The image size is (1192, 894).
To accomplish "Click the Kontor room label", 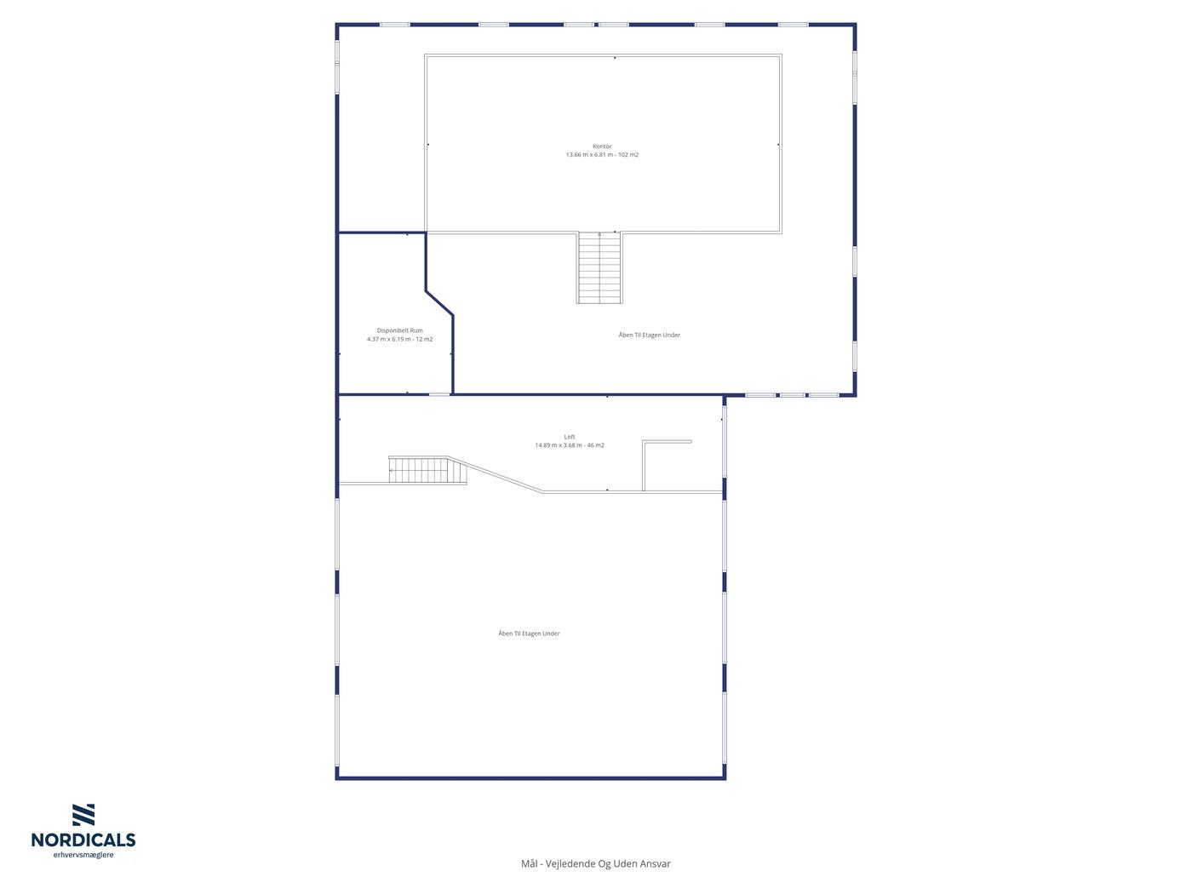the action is click(602, 146).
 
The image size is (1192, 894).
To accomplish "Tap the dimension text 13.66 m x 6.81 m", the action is click(588, 155).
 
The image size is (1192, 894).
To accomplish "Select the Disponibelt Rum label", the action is click(399, 330).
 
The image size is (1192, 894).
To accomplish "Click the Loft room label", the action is click(569, 437).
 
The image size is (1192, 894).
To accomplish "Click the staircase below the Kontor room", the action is click(599, 267).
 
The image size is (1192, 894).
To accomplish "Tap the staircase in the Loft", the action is click(427, 470).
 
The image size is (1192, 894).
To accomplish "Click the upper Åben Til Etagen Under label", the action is click(649, 335).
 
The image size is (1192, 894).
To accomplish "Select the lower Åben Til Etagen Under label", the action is click(529, 633).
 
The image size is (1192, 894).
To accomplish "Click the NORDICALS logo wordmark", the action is click(83, 840).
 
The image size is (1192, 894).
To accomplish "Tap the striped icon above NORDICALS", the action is click(83, 815).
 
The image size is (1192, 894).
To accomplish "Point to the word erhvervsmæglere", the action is click(83, 856).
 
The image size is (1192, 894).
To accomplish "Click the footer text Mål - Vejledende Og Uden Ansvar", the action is click(596, 863).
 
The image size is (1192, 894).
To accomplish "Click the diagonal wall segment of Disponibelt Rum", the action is click(439, 303).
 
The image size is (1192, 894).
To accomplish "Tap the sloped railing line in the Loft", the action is click(496, 475).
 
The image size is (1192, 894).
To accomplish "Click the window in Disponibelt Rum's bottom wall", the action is click(440, 394).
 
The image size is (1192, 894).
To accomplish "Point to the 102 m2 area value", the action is click(628, 155).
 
